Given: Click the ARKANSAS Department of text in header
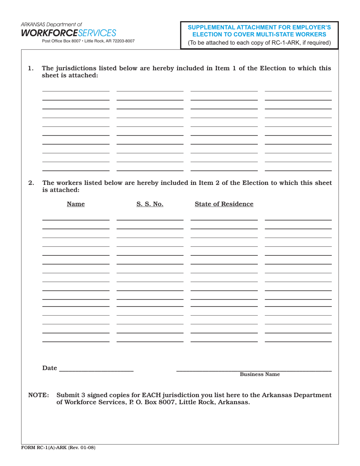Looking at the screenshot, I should point(51,24).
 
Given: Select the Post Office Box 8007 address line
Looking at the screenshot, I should point(88,41).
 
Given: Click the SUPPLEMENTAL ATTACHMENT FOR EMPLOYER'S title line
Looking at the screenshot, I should point(259,27).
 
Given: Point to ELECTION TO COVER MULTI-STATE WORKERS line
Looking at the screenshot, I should point(259,34).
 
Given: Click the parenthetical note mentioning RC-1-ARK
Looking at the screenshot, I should point(259,42).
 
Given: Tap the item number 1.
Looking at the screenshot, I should point(31,69).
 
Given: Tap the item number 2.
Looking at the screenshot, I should point(31,183).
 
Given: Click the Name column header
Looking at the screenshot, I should point(76,204).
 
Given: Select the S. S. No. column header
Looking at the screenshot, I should point(150,204).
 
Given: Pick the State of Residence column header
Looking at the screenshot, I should point(224,204).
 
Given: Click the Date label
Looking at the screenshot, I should point(50,368).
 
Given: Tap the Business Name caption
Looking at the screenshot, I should point(260,374).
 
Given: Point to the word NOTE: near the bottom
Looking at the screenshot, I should point(39,395).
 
